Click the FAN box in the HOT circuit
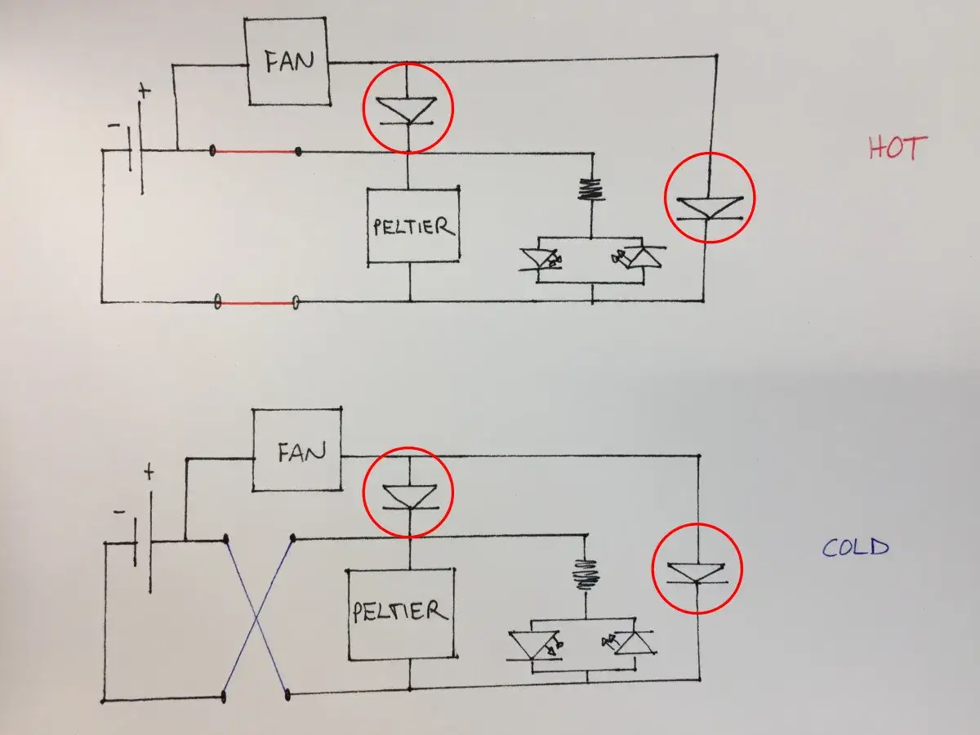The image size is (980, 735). point(287,61)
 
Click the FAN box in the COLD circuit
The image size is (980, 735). point(297,450)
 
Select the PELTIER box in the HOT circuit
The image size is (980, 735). point(413,226)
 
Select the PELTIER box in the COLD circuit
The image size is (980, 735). point(401,614)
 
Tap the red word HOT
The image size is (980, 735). point(898,148)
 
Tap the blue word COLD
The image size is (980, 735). point(855,547)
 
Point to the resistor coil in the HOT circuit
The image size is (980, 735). point(591,189)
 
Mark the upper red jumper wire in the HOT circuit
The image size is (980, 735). point(256,152)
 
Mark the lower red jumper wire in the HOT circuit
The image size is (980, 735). point(256,303)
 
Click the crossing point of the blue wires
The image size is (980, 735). point(256,618)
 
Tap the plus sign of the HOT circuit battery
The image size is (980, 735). point(145,91)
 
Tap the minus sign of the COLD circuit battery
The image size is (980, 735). point(119,512)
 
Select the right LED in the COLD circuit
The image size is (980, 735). point(630,644)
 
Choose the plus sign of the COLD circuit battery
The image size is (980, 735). point(149,473)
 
